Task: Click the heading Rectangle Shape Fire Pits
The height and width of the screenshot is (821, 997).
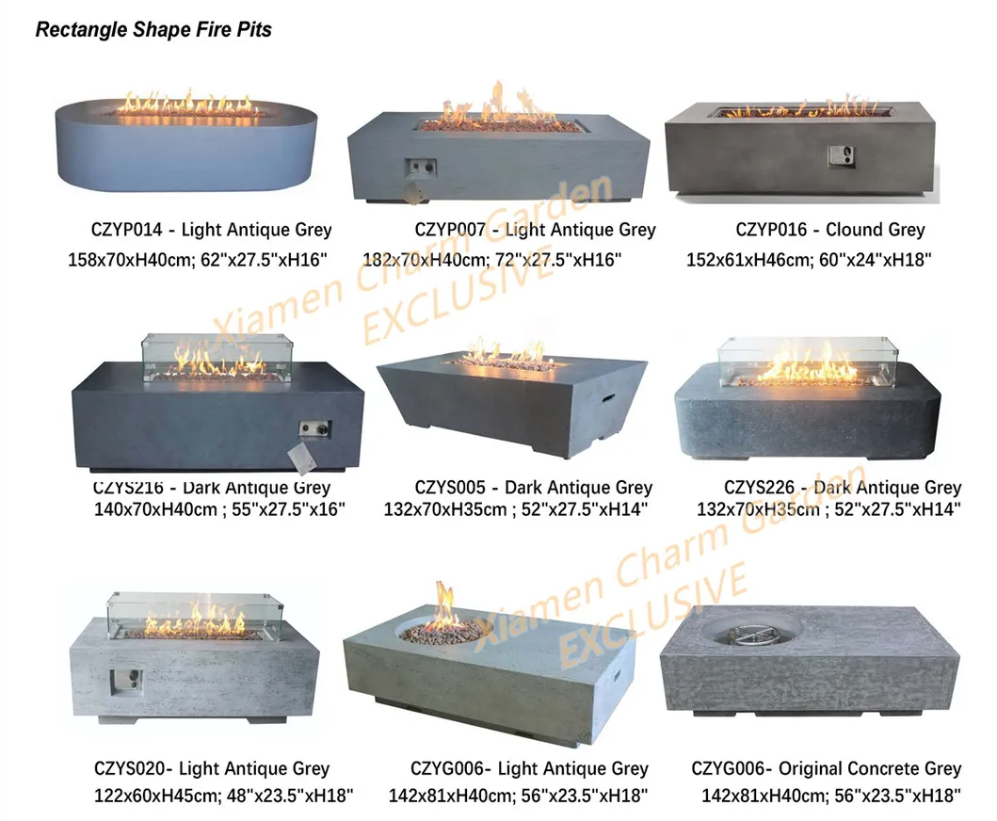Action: point(153,30)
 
